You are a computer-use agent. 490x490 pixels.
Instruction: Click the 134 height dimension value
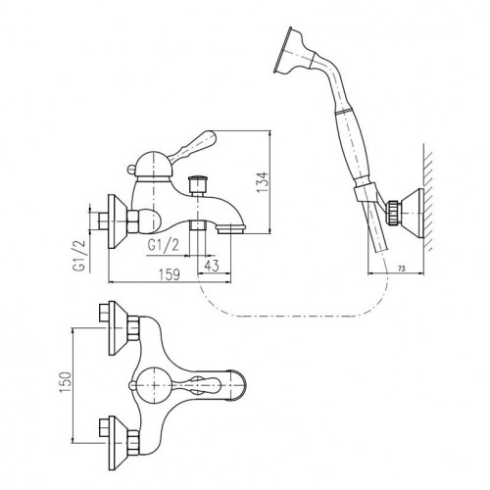[x=263, y=182]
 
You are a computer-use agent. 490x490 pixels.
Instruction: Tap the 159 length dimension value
[x=170, y=274]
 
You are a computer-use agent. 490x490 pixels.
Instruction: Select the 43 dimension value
[x=212, y=267]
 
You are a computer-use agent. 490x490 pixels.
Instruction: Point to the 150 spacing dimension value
[x=66, y=382]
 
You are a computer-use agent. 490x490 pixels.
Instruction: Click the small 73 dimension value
[x=402, y=269]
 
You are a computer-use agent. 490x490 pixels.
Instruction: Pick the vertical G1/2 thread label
[x=79, y=256]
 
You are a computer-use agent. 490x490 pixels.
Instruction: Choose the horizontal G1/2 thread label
[x=164, y=245]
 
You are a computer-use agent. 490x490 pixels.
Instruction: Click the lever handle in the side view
[x=194, y=145]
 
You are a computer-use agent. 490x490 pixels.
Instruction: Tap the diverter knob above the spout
[x=198, y=184]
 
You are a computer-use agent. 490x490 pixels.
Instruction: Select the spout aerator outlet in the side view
[x=231, y=229]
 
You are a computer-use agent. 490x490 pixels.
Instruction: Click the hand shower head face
[x=282, y=50]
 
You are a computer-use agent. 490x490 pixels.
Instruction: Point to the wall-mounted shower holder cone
[x=411, y=213]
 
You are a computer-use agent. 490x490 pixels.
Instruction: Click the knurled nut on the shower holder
[x=393, y=213]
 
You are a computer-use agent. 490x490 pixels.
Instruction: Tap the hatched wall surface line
[x=423, y=196]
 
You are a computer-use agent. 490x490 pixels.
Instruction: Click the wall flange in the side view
[x=116, y=221]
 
